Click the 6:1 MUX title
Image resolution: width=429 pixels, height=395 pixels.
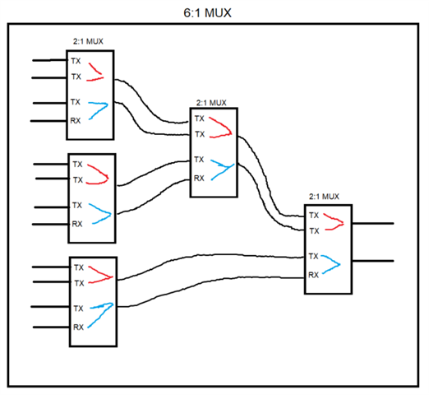pyautogui.click(x=207, y=13)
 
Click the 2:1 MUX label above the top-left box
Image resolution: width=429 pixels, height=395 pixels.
pyautogui.click(x=88, y=41)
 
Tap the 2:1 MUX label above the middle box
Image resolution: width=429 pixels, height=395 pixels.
pyautogui.click(x=211, y=103)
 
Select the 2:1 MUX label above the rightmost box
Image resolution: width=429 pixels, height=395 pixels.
pyautogui.click(x=324, y=197)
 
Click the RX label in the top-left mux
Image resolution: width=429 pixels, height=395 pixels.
pyautogui.click(x=76, y=120)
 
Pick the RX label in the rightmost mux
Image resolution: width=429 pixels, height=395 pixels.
pyautogui.click(x=313, y=275)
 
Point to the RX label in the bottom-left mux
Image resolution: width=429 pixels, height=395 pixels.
pyautogui.click(x=78, y=327)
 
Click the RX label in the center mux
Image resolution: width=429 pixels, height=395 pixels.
pyautogui.click(x=199, y=179)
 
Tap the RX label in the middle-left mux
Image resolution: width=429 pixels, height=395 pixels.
pyautogui.click(x=77, y=224)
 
